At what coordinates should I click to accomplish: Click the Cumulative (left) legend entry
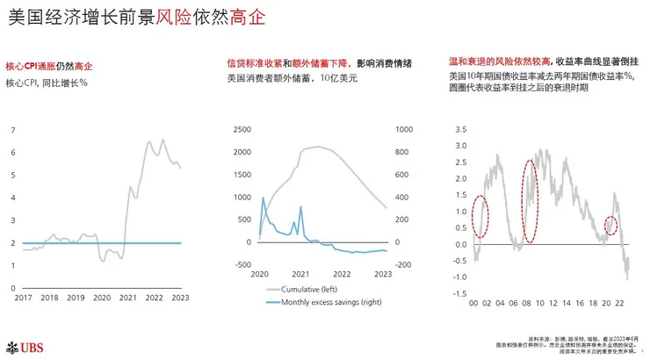[x=314, y=289]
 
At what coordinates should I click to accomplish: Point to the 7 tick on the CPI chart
[x=13, y=130]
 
